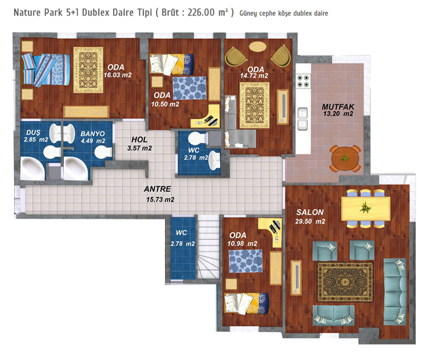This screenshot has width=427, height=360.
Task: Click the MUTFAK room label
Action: (338, 106)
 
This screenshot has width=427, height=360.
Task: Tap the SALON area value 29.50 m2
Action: (310, 221)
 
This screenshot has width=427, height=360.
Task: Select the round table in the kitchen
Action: (345, 159)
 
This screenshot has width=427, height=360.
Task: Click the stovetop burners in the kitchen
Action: (303, 81)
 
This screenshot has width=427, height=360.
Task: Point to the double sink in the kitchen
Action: (303, 119)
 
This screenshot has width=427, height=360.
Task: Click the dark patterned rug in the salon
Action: (345, 282)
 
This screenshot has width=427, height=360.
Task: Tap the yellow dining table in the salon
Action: (366, 209)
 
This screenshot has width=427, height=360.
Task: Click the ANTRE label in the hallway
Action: (157, 189)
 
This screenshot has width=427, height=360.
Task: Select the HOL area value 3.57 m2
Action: (139, 148)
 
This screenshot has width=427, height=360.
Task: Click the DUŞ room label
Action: (33, 132)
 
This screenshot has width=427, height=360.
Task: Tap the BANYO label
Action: (92, 134)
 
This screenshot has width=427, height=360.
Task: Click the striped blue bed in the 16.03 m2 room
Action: (45, 69)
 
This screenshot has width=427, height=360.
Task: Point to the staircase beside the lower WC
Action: (208, 247)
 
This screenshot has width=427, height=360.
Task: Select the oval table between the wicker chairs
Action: (258, 46)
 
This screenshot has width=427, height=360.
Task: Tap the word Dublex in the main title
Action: (96, 12)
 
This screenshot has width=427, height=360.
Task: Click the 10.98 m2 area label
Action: (242, 244)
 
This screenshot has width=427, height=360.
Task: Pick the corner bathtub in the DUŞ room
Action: (33, 168)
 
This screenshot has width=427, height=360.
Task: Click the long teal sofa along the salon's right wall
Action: (395, 292)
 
